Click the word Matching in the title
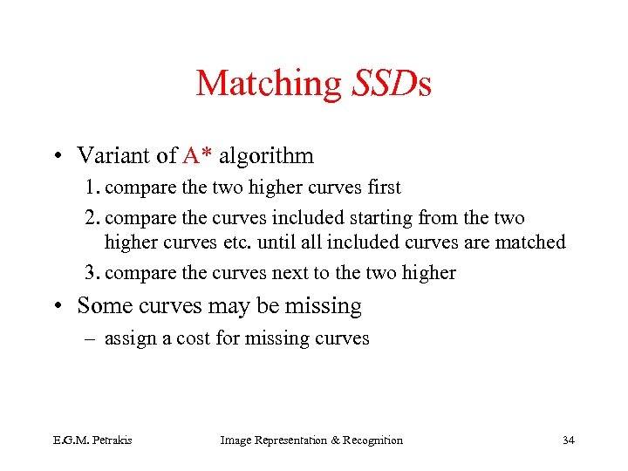pyautogui.click(x=270, y=85)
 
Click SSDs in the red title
pyautogui.click(x=392, y=84)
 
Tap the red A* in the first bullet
pyautogui.click(x=198, y=156)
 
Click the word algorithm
pyautogui.click(x=266, y=157)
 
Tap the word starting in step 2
pyautogui.click(x=379, y=218)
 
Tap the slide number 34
pyautogui.click(x=568, y=440)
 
